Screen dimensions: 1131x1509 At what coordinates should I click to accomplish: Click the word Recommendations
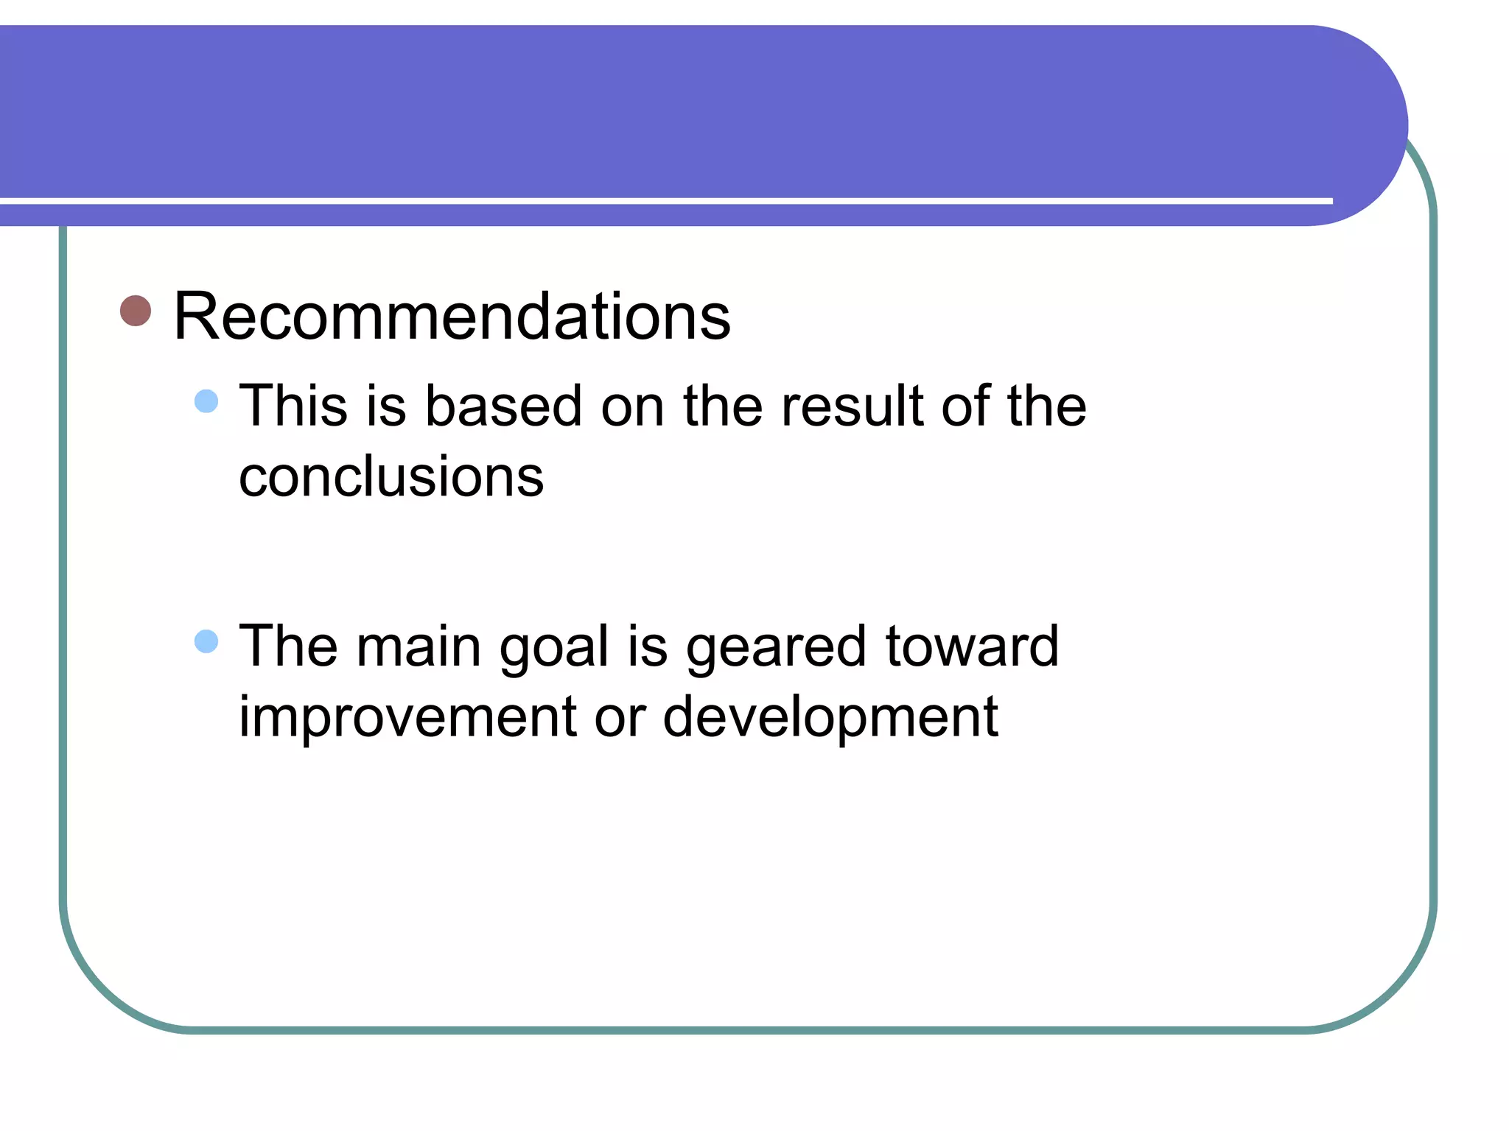tap(452, 317)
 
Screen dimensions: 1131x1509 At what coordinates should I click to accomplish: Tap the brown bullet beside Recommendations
tap(136, 311)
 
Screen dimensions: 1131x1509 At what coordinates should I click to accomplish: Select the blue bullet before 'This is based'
tap(206, 401)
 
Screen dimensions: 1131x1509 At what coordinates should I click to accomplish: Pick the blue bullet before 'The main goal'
tap(206, 641)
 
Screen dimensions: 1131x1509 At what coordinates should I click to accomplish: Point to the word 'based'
tap(504, 406)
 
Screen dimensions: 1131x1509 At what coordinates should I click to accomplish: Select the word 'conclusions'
tap(391, 477)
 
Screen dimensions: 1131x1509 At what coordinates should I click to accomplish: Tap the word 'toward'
tap(972, 646)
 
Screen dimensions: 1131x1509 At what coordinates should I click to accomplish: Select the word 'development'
tap(830, 717)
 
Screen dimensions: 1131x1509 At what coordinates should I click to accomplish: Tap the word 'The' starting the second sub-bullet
tap(288, 646)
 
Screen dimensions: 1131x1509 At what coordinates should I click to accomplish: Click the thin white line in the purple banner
tap(663, 200)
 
